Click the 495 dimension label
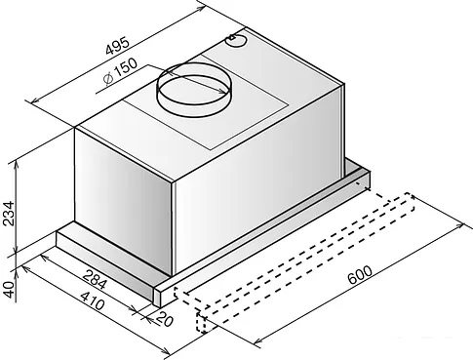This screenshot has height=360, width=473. click(x=118, y=46)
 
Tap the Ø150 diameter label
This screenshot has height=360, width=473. click(x=120, y=71)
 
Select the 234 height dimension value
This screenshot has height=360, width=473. click(x=8, y=214)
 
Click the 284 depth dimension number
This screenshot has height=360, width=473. click(x=95, y=279)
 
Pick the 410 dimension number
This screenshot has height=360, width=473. click(x=93, y=300)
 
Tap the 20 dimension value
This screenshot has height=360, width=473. click(x=165, y=320)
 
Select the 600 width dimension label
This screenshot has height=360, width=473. click(x=360, y=275)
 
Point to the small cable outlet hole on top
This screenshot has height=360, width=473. click(x=236, y=40)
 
